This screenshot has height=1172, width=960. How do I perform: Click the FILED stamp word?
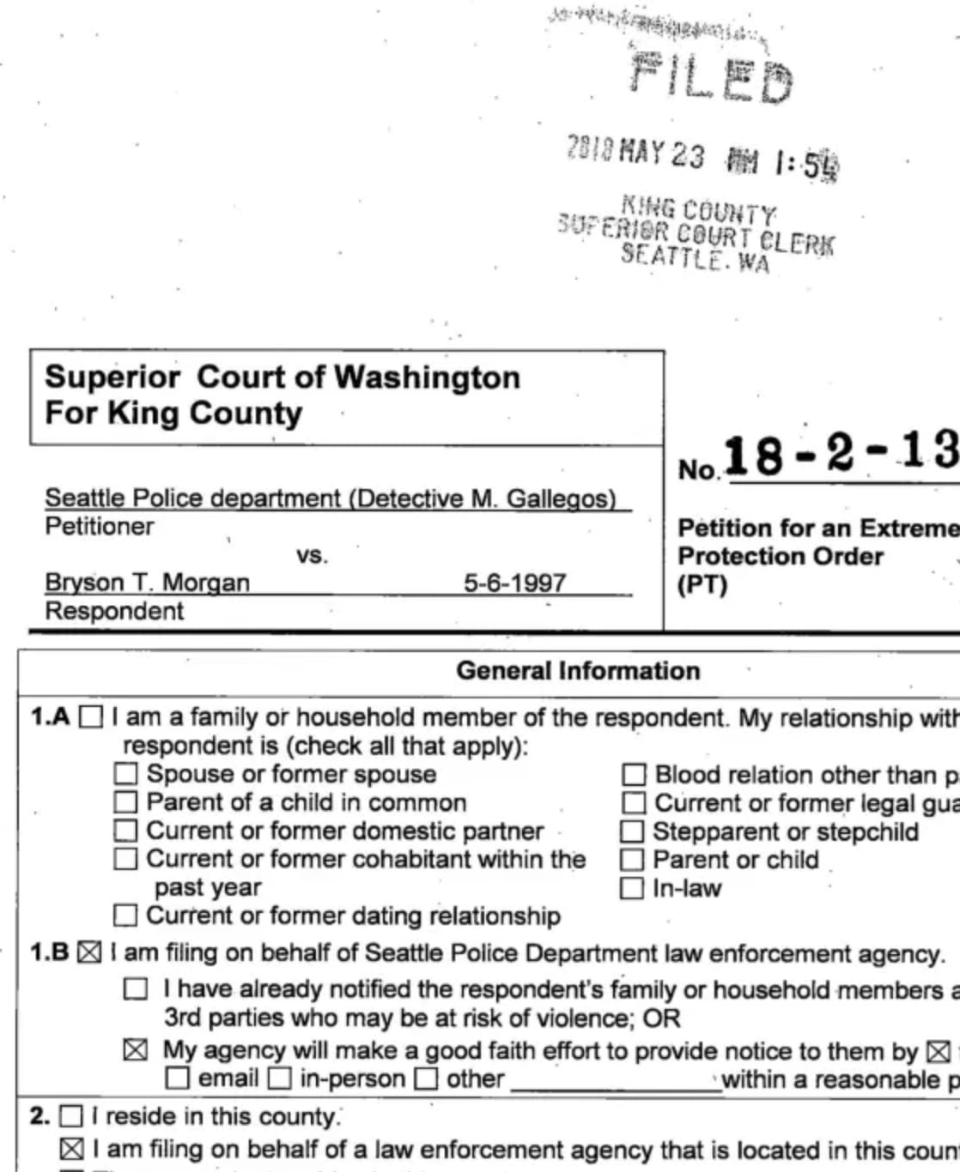(711, 78)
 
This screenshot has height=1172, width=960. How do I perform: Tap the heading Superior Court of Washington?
(283, 378)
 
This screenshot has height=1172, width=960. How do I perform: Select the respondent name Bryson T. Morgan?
(147, 583)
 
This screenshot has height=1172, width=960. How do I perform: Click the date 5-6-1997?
(514, 583)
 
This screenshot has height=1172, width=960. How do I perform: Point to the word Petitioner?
(99, 526)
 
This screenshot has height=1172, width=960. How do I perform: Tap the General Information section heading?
(578, 671)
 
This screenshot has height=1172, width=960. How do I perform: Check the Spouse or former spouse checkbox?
(126, 774)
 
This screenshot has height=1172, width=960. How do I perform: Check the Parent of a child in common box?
(126, 802)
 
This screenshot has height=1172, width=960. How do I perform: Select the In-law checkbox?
(632, 888)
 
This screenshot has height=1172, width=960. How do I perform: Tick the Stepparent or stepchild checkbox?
(632, 831)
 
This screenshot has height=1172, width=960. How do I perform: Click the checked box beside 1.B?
(89, 953)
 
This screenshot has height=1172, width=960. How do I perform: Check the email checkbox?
(178, 1078)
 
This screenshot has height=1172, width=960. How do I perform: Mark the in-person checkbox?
(280, 1078)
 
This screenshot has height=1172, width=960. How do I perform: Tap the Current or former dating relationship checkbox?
(126, 916)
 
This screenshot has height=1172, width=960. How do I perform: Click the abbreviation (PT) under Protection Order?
(702, 585)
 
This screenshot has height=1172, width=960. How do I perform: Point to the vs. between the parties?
(312, 555)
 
